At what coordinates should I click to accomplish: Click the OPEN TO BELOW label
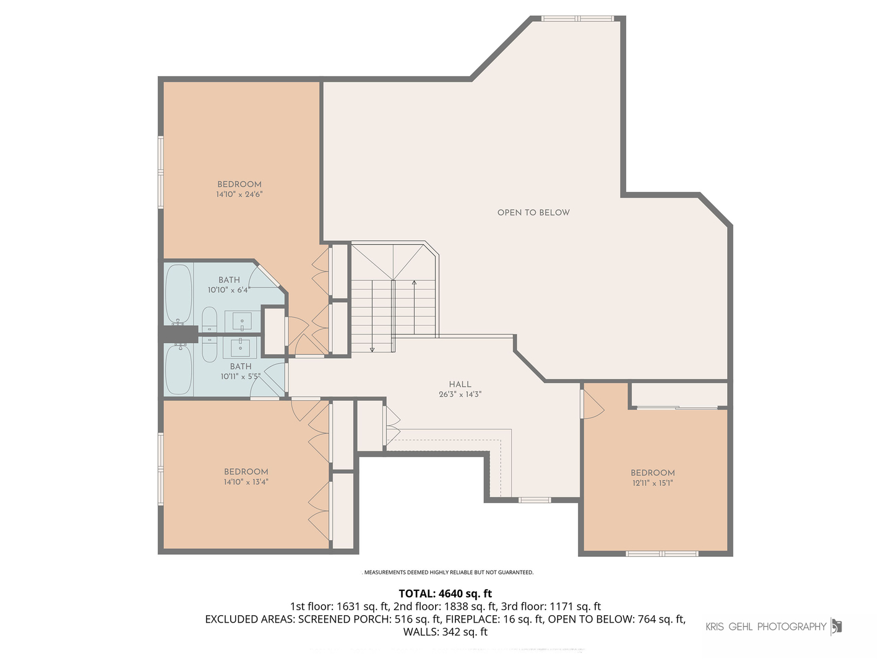533,212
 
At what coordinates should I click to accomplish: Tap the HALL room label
460,384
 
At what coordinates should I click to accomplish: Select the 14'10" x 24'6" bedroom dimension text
239,194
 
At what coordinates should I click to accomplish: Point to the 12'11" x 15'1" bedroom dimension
652,483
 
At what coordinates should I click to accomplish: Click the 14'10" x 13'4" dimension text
246,482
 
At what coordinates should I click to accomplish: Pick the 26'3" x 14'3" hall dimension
460,394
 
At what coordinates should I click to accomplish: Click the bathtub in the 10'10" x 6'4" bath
178,294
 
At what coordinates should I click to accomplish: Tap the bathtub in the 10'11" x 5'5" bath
179,369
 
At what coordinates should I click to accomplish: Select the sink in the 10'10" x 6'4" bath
242,321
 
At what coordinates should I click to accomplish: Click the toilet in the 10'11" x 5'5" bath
210,349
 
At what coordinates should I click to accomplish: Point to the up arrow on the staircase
414,307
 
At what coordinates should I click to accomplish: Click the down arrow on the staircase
372,316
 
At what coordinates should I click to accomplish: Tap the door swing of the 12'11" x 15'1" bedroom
593,404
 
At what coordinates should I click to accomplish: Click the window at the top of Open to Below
577,19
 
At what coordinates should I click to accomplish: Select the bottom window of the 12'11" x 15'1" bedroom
661,554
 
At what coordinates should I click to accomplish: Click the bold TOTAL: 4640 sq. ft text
445,593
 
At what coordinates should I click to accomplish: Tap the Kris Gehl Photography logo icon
836,626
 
